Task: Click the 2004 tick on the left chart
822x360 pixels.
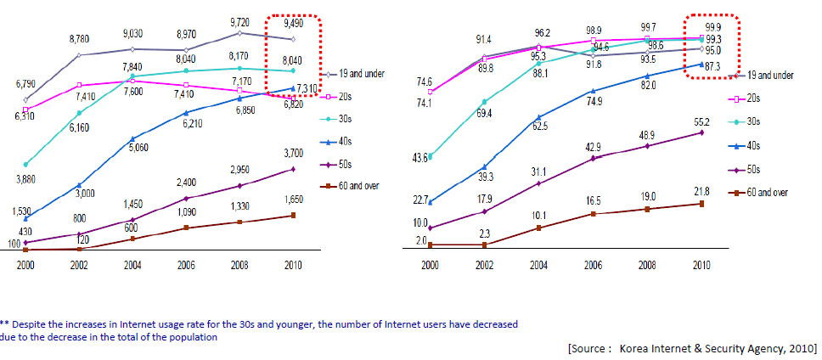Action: point(132,265)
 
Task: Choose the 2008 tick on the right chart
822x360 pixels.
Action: point(647,265)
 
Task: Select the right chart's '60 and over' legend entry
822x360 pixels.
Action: point(765,192)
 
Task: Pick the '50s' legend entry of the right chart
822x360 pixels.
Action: point(755,169)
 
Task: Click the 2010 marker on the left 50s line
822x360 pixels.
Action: point(293,169)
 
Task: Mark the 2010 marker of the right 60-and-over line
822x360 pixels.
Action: point(701,204)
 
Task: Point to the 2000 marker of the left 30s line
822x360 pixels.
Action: point(25,164)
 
